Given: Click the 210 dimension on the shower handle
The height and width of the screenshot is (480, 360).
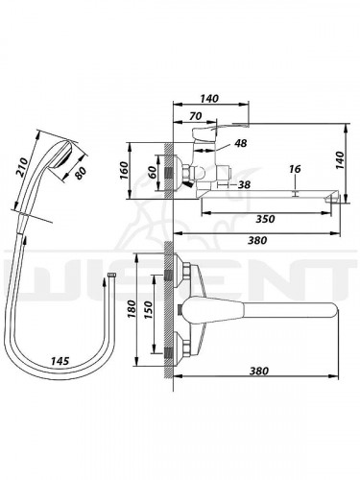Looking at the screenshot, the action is (x=23, y=168).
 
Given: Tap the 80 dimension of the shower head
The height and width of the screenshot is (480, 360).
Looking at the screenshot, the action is (x=81, y=172).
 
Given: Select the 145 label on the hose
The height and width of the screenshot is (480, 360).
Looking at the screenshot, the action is (x=60, y=361).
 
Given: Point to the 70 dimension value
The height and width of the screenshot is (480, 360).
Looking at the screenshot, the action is (x=195, y=116).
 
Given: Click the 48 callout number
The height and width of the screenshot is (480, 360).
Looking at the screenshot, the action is (x=241, y=143).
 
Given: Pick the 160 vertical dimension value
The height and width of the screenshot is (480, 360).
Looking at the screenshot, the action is (x=124, y=171).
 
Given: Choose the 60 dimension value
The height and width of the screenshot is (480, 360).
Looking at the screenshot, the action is (x=153, y=173).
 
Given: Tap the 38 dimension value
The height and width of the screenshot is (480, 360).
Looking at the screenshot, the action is (x=244, y=184).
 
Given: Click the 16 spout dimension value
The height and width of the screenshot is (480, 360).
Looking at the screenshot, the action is (x=295, y=169).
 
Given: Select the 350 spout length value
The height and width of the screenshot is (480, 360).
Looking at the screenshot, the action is (x=266, y=219).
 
